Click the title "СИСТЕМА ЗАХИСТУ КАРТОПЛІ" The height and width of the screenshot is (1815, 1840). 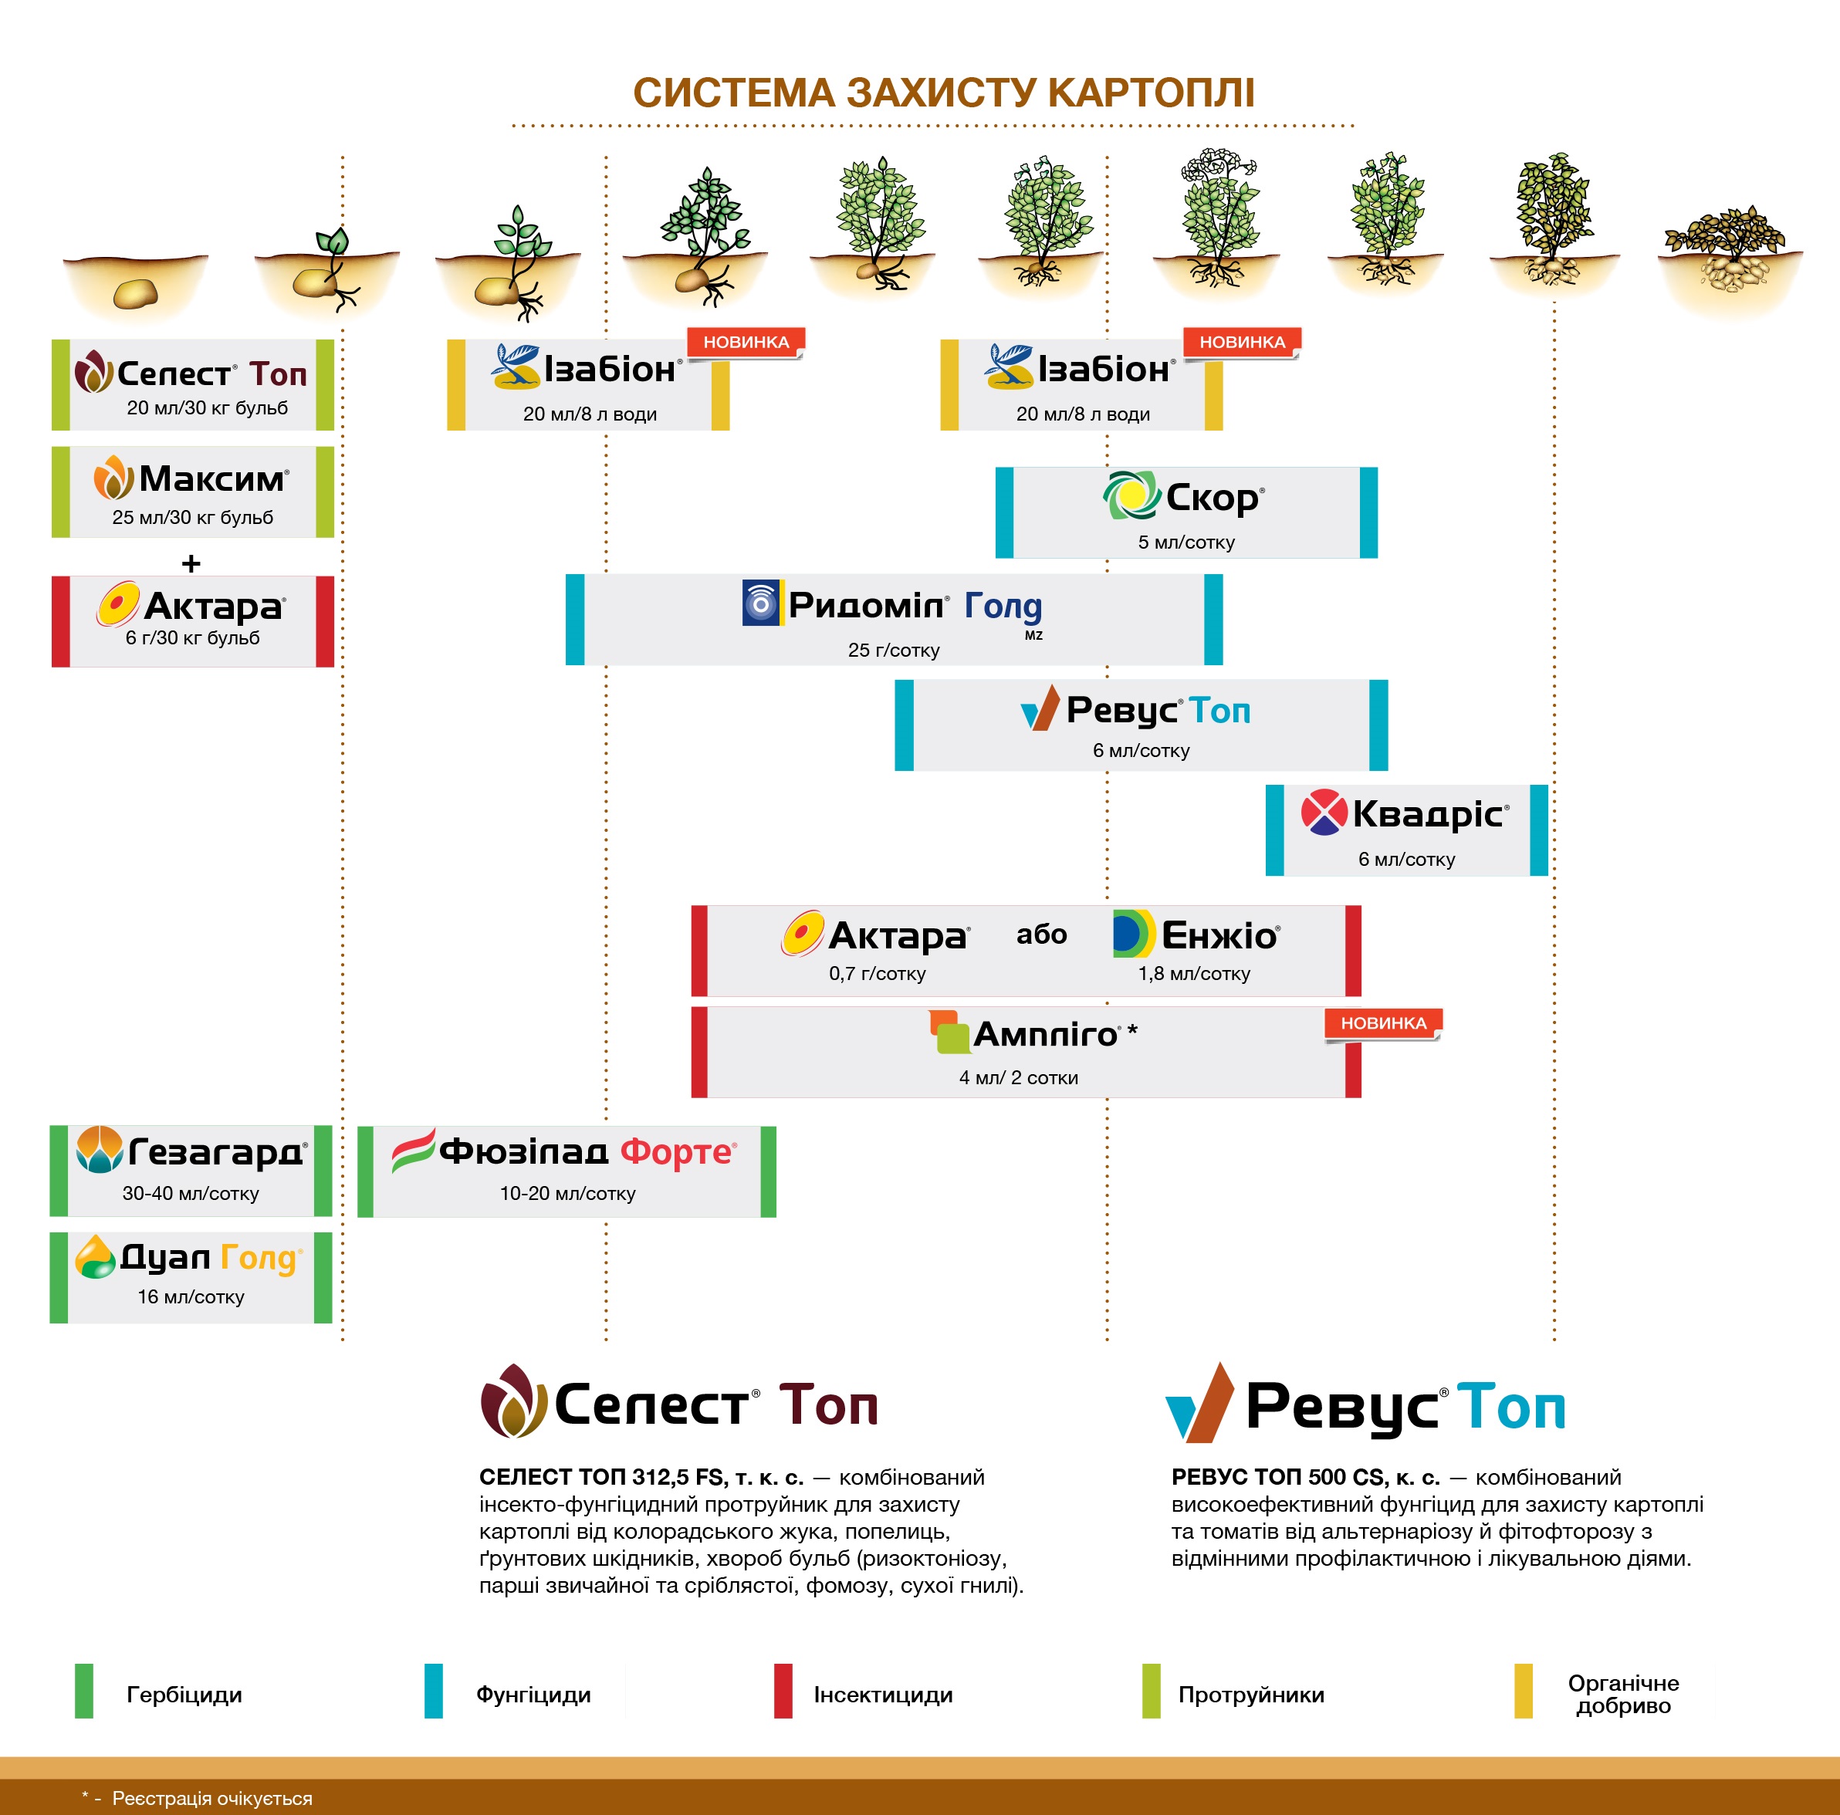click(943, 93)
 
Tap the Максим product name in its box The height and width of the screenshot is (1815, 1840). click(212, 479)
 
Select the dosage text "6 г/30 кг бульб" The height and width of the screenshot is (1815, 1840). click(192, 638)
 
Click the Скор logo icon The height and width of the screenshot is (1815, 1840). click(1131, 495)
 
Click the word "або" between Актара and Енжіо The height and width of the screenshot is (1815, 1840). click(1041, 935)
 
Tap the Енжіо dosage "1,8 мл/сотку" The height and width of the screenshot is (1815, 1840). click(1193, 973)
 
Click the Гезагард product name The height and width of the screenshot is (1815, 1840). click(216, 1152)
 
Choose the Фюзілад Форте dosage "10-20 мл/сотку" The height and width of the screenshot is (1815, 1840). click(567, 1193)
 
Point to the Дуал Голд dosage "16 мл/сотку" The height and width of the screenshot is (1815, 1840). click(191, 1297)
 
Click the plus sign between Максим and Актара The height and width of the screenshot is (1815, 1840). click(191, 564)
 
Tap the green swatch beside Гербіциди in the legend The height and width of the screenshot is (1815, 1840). click(84, 1690)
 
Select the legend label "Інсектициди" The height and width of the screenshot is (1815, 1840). click(883, 1695)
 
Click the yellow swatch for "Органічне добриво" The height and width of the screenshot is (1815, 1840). click(1523, 1690)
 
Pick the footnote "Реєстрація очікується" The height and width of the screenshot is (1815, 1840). click(211, 1798)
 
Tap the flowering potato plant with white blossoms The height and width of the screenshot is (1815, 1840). click(1217, 219)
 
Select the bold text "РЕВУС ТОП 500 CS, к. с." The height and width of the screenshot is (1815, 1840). click(1305, 1477)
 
